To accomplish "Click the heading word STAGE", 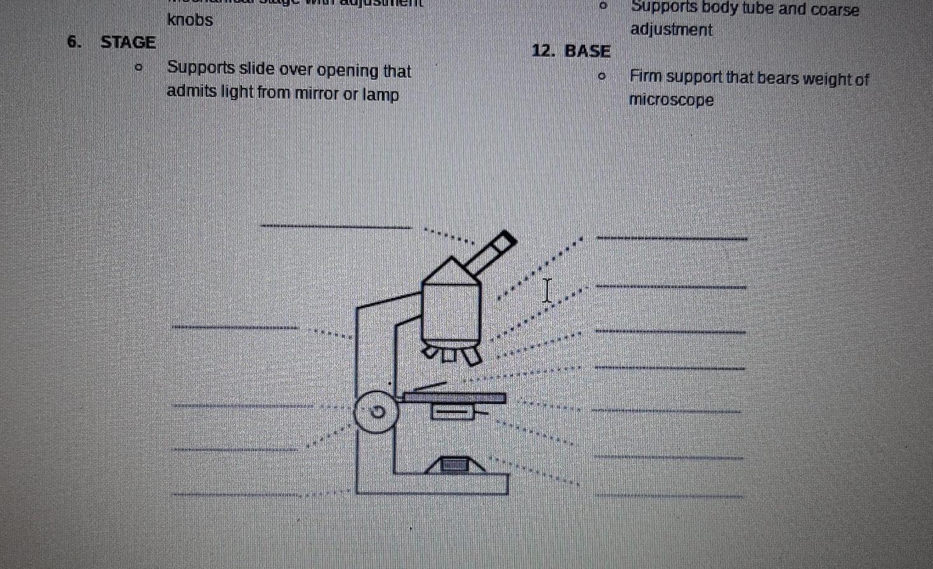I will pos(128,43).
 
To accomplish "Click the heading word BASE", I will pos(587,51).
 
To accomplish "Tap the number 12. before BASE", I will pos(545,51).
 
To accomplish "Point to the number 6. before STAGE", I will pos(75,43).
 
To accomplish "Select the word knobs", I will pos(190,20).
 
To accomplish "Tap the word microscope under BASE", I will pos(671,100).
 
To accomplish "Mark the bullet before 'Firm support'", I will pos(600,78).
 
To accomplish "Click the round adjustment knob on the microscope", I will pos(376,412).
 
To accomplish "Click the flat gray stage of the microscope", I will pos(455,398).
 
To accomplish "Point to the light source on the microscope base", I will pos(455,465).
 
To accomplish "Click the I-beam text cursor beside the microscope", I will pos(546,290).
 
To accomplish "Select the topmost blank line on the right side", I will pos(672,238).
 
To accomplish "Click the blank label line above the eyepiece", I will pos(336,225).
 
